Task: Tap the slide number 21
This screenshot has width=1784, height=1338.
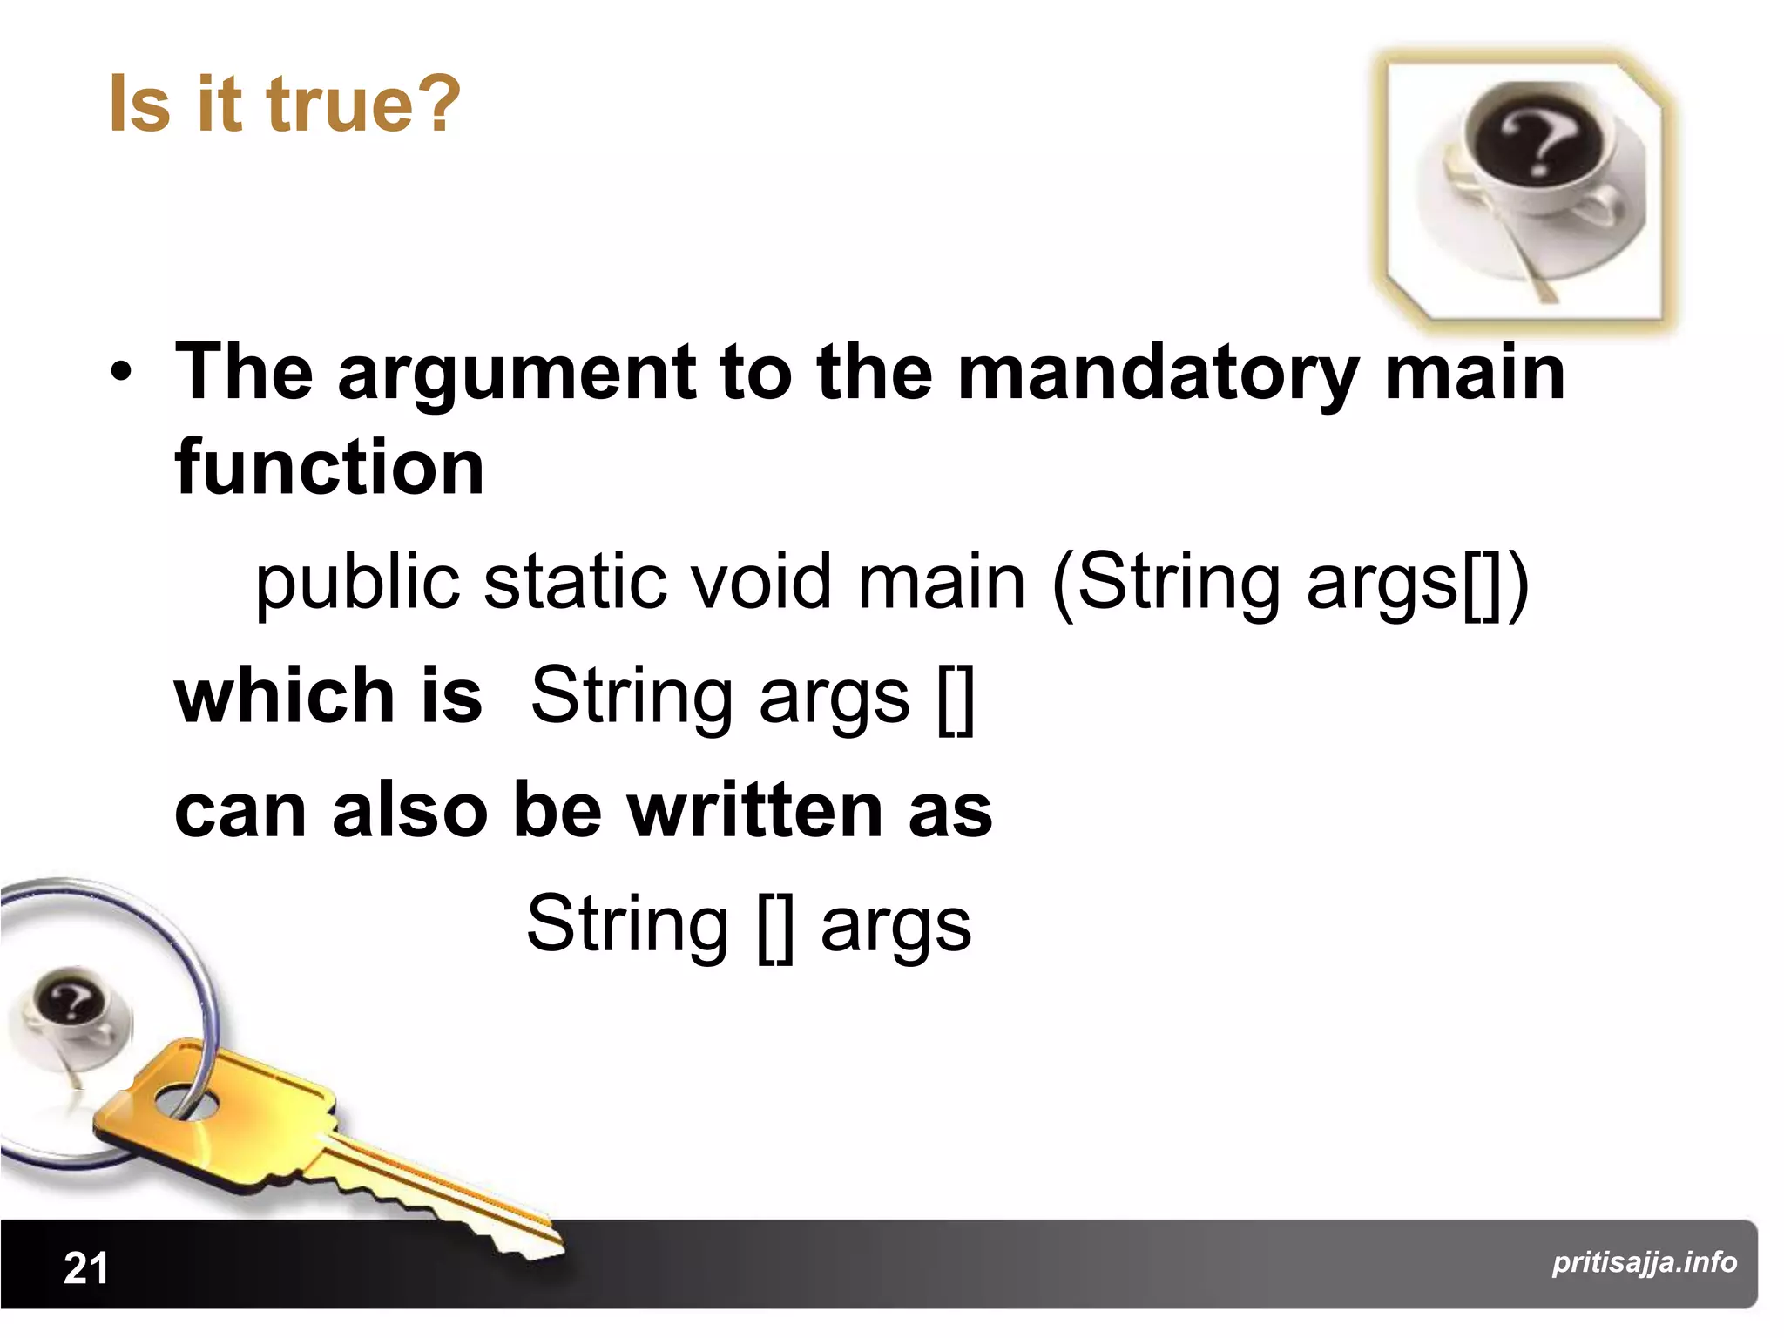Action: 85,1267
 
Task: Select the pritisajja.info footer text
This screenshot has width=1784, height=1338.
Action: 1644,1261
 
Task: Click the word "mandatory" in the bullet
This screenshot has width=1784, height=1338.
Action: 1158,373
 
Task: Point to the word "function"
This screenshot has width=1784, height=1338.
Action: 329,468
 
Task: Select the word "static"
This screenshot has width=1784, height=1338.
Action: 574,583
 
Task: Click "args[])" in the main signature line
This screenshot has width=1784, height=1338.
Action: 1417,583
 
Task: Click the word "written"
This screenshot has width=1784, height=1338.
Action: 755,810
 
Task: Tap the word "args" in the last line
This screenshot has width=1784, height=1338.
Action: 895,925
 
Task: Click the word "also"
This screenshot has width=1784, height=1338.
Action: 410,810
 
